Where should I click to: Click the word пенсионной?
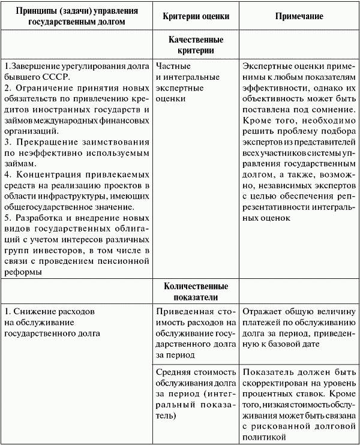[x=122, y=262]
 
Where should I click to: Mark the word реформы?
[x=23, y=273]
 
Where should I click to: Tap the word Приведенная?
[x=183, y=312]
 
